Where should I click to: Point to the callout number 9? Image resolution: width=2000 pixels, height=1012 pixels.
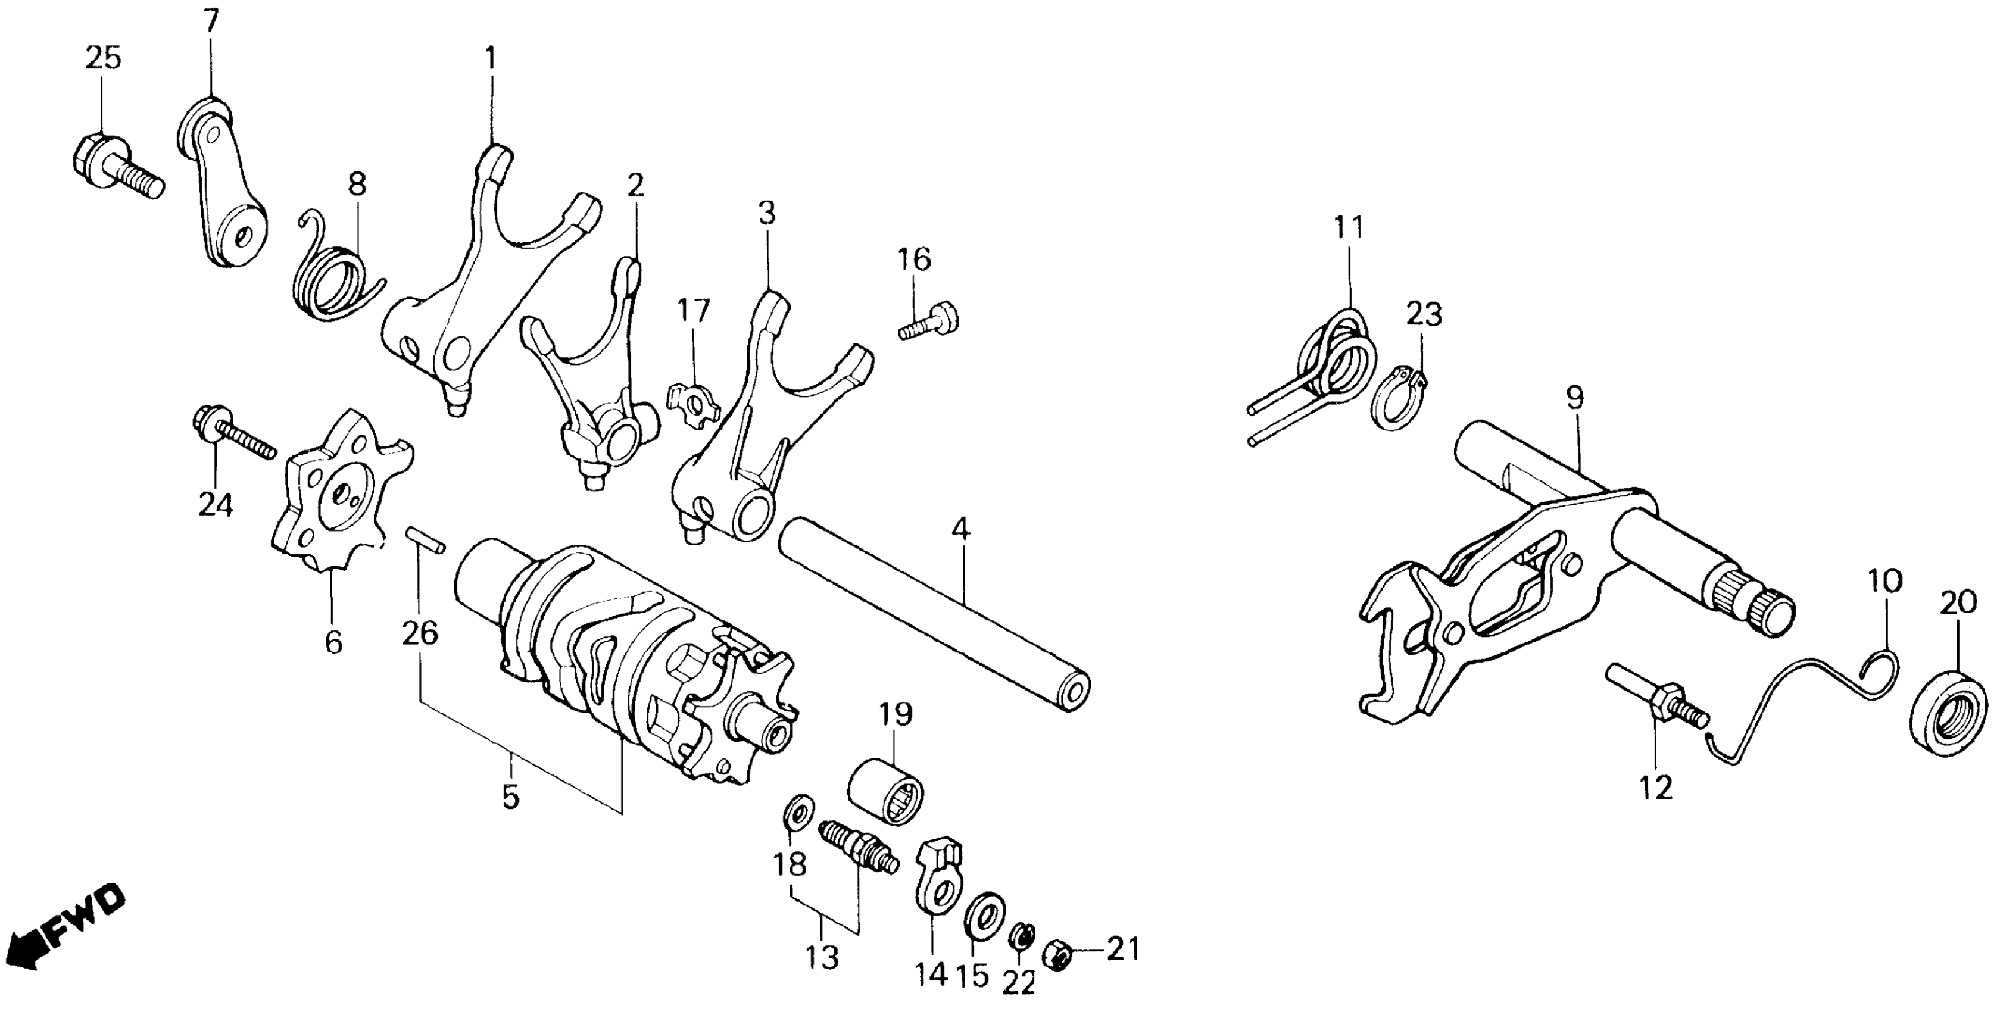coord(1574,399)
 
